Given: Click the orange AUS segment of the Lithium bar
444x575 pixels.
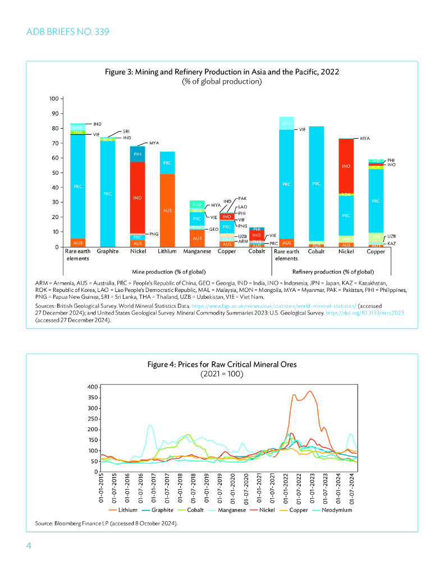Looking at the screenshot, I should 167,211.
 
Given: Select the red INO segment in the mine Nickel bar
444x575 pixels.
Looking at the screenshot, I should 137,198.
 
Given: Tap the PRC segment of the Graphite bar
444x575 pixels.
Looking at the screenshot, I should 107,194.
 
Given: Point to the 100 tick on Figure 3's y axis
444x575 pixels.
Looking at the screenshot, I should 54,99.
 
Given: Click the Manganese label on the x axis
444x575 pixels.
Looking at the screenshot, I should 197,252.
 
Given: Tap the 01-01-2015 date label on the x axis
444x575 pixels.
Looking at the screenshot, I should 102,488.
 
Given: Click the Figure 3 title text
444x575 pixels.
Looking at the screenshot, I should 222,72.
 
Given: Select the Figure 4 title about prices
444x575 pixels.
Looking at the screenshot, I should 222,364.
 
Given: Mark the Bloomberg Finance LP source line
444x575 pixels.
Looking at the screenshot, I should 106,523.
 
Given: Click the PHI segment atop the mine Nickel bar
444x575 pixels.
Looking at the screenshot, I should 137,154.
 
